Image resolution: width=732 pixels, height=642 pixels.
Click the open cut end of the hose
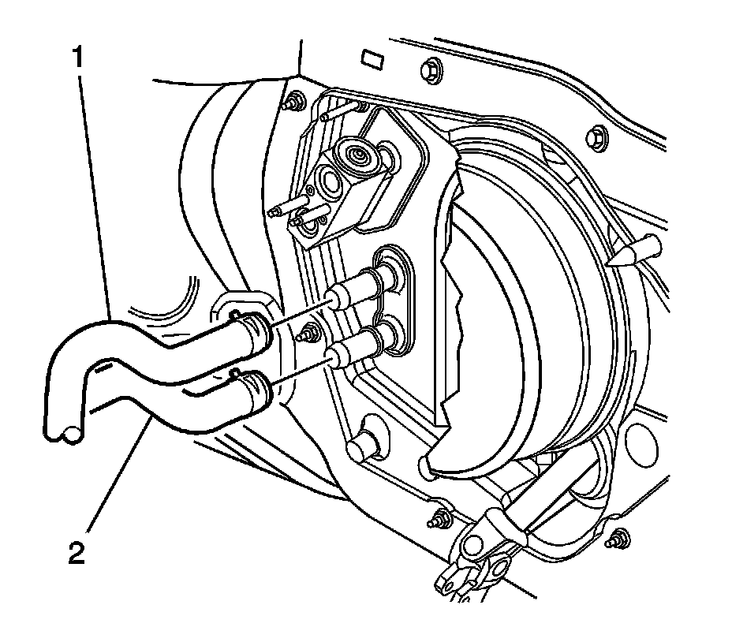[x=62, y=431]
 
